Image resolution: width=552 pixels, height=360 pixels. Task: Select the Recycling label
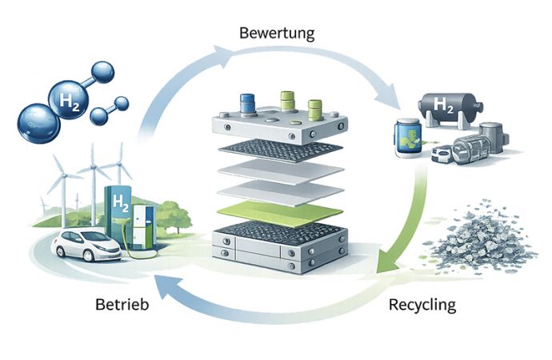422,305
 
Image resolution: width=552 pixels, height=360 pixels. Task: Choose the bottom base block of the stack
278,251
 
